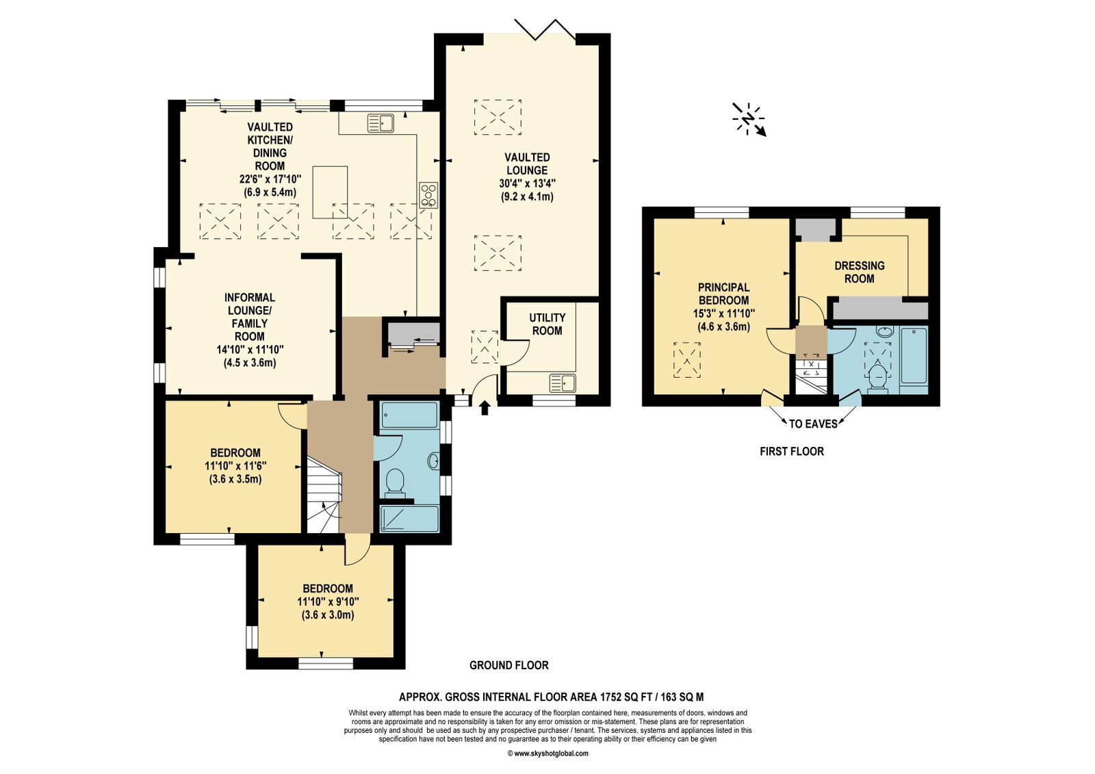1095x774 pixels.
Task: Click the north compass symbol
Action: point(749,119)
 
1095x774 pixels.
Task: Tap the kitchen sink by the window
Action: point(381,122)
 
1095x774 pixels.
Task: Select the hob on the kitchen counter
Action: point(428,195)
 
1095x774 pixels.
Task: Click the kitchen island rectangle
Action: point(330,192)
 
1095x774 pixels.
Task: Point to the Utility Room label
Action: point(547,324)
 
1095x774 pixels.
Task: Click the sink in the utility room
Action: point(563,383)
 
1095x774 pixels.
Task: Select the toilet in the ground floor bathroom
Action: point(394,482)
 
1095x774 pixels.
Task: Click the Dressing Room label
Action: point(860,272)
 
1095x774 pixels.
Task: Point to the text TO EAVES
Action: point(814,424)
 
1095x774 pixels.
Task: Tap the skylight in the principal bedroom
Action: point(687,360)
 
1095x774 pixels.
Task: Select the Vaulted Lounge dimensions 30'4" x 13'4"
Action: point(527,183)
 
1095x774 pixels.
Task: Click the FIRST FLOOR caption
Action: point(792,451)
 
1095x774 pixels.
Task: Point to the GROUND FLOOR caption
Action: point(509,665)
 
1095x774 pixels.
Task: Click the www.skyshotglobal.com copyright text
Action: point(547,753)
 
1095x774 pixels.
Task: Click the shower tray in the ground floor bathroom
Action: point(410,519)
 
